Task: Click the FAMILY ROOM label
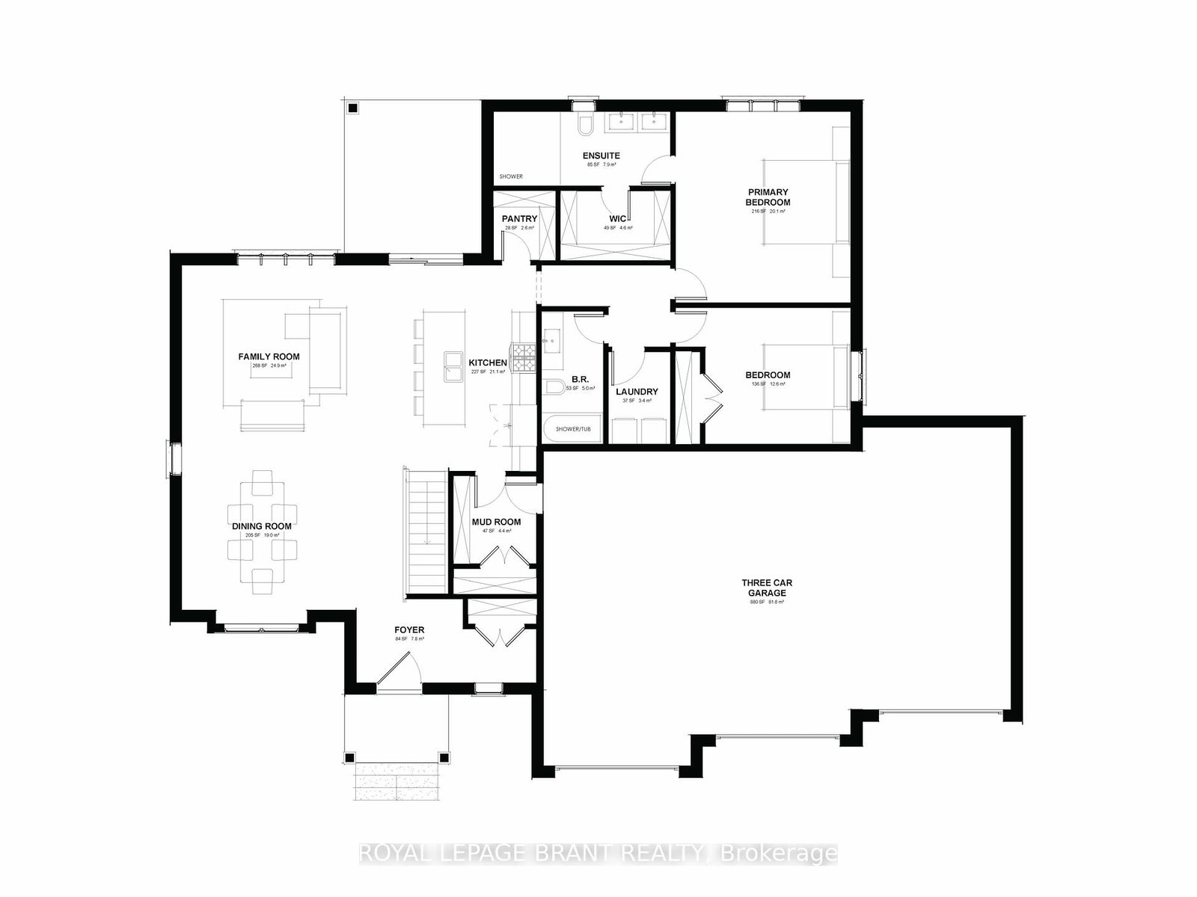269,357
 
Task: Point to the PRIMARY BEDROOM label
768,197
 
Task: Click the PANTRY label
519,219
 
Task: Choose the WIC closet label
617,219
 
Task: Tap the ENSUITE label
601,155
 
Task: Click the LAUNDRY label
637,392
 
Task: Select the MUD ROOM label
496,523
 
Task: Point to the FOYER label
408,630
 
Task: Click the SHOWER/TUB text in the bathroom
572,429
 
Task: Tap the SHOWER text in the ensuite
512,176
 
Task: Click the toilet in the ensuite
585,125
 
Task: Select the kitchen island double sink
453,367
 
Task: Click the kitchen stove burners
523,357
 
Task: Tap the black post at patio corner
353,108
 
